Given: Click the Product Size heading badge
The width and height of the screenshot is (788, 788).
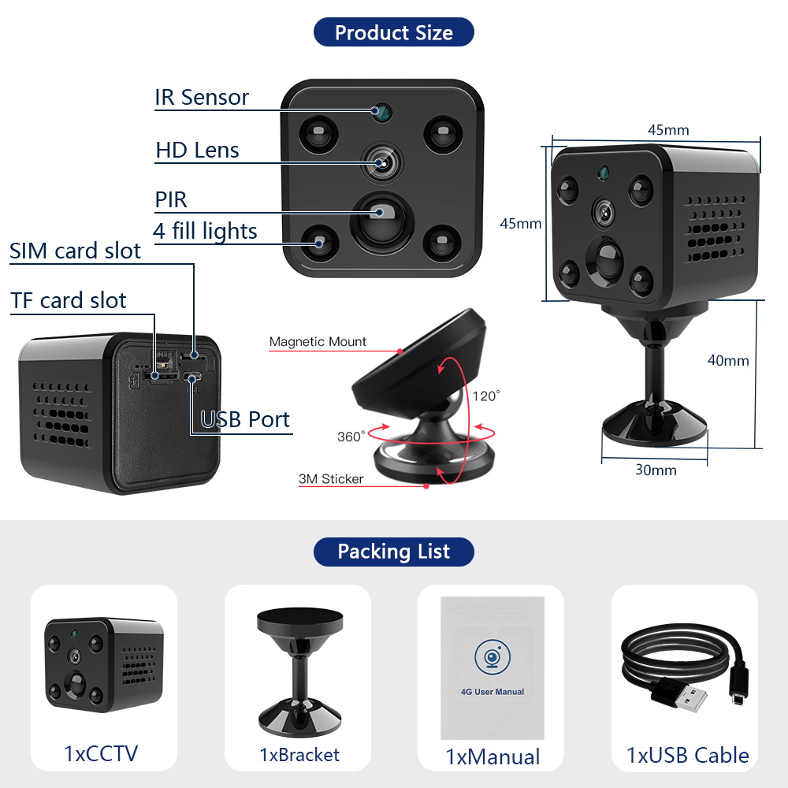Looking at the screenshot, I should click(394, 32).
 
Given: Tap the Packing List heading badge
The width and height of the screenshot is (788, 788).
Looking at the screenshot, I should click(394, 552).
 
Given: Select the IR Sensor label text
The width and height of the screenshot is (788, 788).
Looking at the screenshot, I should click(202, 98).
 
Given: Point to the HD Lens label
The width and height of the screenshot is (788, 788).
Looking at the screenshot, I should click(197, 150).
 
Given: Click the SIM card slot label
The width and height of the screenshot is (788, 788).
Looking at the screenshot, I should click(76, 251).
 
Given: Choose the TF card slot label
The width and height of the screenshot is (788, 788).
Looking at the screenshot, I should click(69, 300).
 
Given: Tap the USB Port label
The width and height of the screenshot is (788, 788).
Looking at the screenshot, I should click(245, 419).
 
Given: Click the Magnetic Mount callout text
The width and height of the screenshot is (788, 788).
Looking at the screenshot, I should click(318, 342).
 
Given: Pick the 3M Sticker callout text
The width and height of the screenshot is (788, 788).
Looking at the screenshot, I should click(331, 478).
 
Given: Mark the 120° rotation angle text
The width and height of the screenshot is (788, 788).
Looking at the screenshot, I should click(486, 396).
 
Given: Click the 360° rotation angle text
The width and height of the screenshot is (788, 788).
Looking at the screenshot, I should click(351, 437).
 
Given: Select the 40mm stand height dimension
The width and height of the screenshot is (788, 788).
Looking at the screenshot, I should click(727, 361).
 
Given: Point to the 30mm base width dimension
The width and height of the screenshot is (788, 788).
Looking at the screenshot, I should click(656, 470).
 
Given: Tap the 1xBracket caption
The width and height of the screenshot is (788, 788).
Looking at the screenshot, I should click(299, 755).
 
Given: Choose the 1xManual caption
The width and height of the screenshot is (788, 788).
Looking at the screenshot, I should click(492, 757).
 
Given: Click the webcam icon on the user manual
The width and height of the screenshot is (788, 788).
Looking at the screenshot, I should click(492, 656).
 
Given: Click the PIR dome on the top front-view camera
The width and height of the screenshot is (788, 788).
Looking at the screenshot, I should click(381, 217).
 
